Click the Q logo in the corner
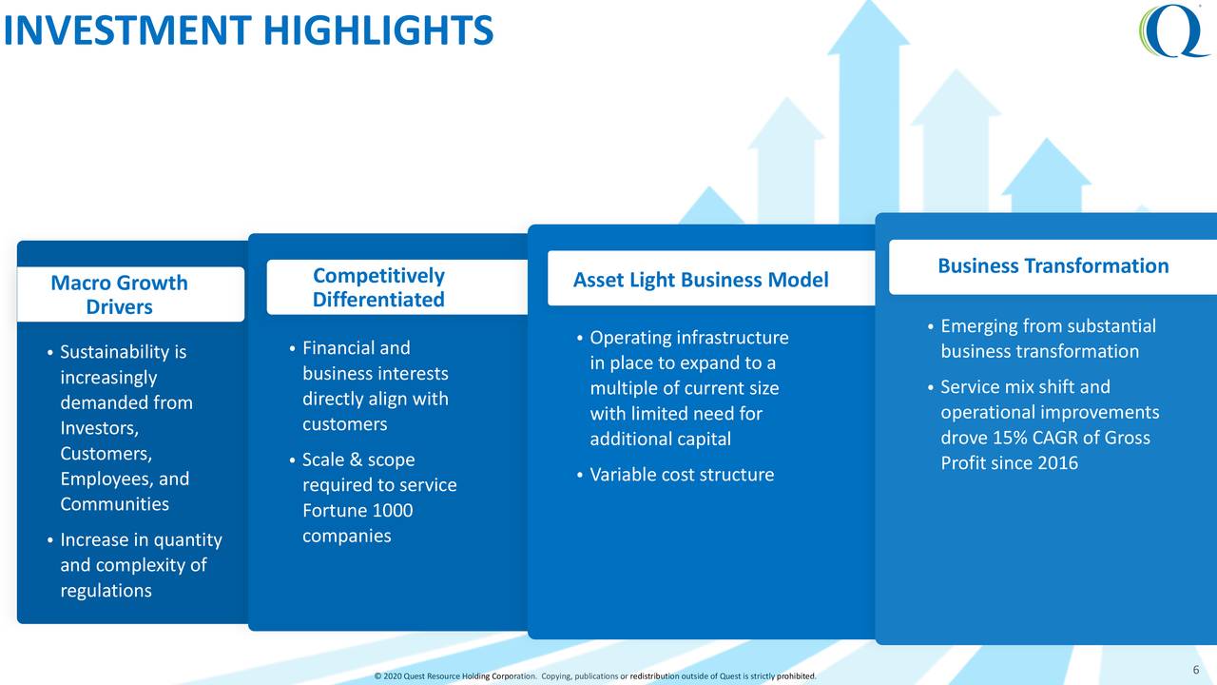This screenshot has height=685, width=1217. (1173, 30)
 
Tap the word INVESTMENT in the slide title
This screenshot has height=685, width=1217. (127, 30)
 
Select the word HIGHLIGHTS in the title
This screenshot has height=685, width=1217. (378, 30)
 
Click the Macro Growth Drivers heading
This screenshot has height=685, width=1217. (119, 295)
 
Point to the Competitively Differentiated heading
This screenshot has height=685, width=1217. (378, 287)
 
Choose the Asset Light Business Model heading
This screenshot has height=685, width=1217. (701, 280)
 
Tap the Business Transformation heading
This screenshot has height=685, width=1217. (1053, 265)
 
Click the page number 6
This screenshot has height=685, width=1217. (1196, 669)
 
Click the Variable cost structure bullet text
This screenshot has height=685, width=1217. (682, 475)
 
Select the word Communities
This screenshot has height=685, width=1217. (115, 504)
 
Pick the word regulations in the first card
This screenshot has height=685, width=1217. (106, 591)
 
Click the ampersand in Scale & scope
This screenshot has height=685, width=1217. (356, 460)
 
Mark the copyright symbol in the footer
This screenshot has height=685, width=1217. (377, 676)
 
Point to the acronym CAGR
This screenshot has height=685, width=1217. (1064, 438)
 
